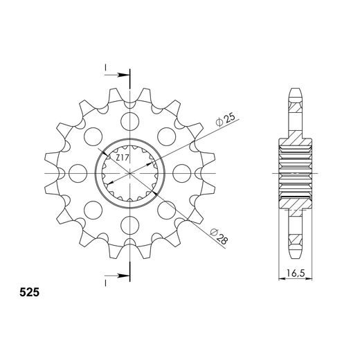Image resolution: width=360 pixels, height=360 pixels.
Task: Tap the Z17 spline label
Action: point(123,159)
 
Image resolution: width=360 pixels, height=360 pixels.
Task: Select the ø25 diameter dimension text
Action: point(228,119)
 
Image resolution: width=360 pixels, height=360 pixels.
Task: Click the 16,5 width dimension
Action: point(292,273)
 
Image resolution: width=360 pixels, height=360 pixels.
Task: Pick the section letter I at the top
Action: point(105,67)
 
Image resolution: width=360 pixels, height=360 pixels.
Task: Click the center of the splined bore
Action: point(129,172)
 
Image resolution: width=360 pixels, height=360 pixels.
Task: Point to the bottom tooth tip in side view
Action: point(296,253)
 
